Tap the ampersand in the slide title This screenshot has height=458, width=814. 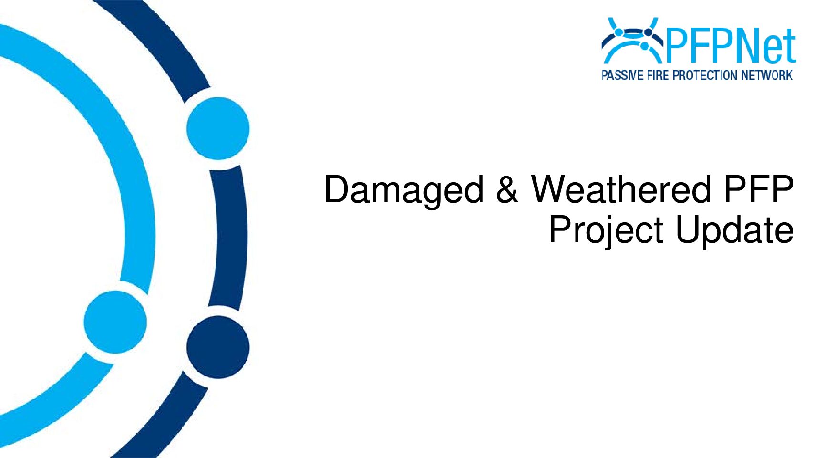tap(507, 189)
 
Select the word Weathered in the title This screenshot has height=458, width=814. tap(621, 189)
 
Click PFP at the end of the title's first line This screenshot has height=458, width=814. tap(759, 189)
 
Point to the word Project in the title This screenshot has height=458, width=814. tap(606, 231)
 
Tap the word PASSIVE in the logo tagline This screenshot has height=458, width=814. tap(623, 75)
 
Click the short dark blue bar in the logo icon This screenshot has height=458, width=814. tap(633, 33)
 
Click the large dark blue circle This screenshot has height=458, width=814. tap(218, 347)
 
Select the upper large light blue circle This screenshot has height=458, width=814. tap(218, 129)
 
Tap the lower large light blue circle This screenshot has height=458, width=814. tap(115, 322)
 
